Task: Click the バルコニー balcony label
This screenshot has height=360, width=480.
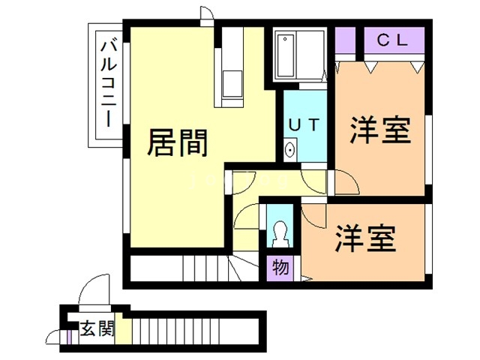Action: (x=107, y=86)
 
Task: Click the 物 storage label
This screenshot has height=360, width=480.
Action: (x=280, y=266)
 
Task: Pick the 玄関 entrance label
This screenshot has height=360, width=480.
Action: (x=97, y=328)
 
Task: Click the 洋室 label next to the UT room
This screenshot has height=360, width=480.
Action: (x=381, y=132)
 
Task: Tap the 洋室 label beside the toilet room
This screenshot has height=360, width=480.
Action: (x=365, y=239)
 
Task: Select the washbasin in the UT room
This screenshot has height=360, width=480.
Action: (x=290, y=149)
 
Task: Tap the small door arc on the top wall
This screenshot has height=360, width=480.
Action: (x=207, y=16)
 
